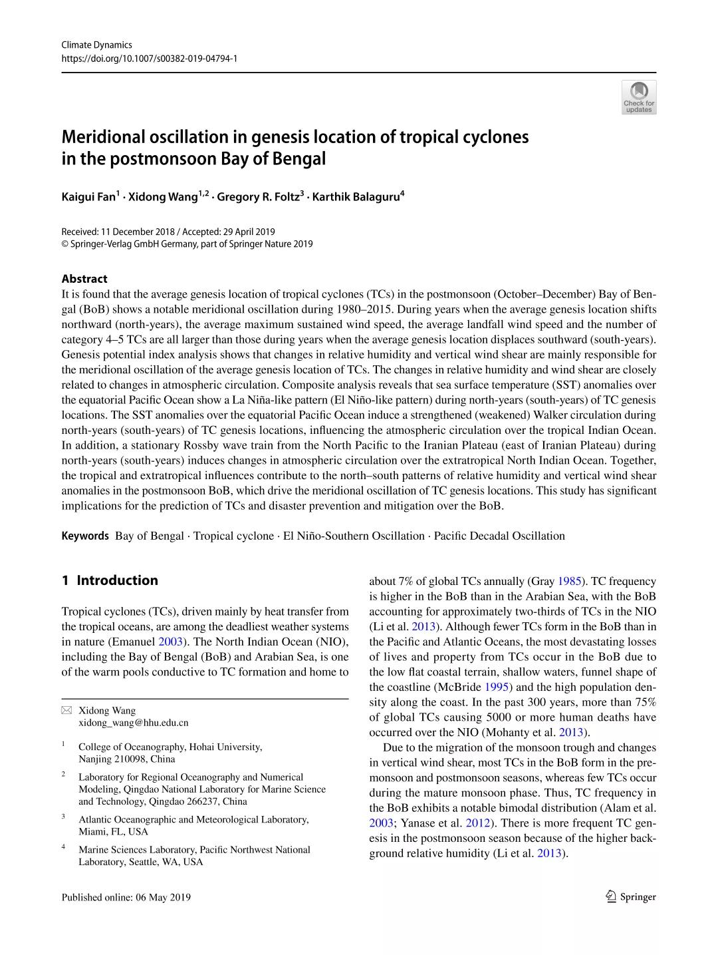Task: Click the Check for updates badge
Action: [x=638, y=97]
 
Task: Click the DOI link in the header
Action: [x=149, y=59]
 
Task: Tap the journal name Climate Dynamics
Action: [x=96, y=45]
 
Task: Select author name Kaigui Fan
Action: [x=88, y=196]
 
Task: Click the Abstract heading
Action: [x=84, y=279]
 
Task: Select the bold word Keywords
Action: [x=85, y=536]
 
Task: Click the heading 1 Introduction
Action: [x=110, y=580]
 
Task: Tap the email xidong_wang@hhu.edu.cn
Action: [x=133, y=723]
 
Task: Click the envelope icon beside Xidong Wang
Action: [x=66, y=711]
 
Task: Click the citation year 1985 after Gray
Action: [x=569, y=581]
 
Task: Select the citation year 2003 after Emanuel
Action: [x=170, y=642]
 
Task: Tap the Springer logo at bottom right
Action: [x=631, y=897]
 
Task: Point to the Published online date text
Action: [x=126, y=897]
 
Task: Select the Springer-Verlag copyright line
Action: [x=187, y=244]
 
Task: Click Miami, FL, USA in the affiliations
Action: [x=113, y=832]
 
